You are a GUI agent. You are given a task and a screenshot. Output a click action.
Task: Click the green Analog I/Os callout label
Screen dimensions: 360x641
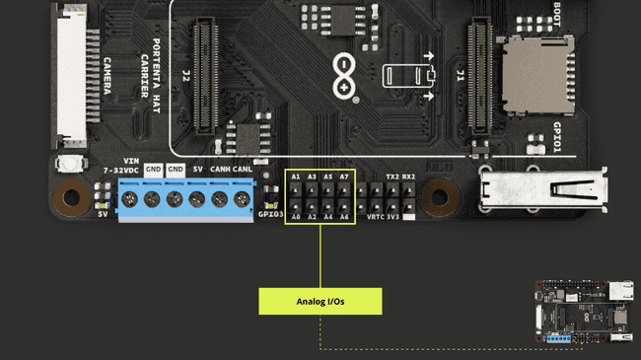pyautogui.click(x=320, y=302)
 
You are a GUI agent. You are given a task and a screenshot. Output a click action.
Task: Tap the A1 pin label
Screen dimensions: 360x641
pyautogui.click(x=296, y=177)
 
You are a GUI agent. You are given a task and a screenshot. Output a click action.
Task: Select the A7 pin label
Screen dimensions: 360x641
pyautogui.click(x=344, y=177)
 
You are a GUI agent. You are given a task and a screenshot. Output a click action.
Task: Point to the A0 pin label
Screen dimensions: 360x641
pyautogui.click(x=296, y=217)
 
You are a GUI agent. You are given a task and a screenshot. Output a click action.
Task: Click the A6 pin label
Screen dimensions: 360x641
pyautogui.click(x=344, y=217)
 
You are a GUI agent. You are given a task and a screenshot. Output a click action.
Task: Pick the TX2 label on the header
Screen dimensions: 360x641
pyautogui.click(x=392, y=177)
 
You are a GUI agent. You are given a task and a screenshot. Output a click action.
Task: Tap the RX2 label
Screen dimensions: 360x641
pyautogui.click(x=409, y=177)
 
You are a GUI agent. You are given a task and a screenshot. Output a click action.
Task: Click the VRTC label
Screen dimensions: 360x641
pyautogui.click(x=376, y=217)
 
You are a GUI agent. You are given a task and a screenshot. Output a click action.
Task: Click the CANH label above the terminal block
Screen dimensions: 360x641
pyautogui.click(x=221, y=170)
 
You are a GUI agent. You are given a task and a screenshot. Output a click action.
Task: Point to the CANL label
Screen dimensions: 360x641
pyautogui.click(x=243, y=170)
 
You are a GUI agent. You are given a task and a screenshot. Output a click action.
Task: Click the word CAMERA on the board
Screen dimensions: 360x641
pyautogui.click(x=107, y=77)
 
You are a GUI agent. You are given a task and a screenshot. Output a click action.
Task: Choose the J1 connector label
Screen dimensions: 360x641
pyautogui.click(x=460, y=75)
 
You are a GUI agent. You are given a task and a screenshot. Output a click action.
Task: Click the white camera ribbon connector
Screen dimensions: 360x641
pyautogui.click(x=74, y=74)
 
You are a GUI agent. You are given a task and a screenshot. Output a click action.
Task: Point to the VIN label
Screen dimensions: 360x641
pyautogui.click(x=131, y=161)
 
